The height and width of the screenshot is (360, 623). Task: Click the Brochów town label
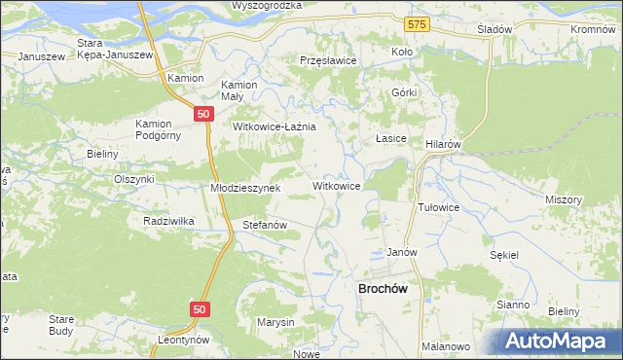coord(388,288)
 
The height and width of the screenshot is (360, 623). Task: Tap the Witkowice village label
coord(337,185)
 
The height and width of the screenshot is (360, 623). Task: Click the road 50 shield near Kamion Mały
coord(202,114)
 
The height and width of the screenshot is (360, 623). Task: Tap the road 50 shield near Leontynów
coord(200,308)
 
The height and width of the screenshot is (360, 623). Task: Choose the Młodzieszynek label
coord(245,188)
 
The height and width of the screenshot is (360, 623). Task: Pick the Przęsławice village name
coord(329,60)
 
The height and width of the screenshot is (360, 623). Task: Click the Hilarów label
coord(443,143)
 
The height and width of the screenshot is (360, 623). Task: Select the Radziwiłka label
coord(168,221)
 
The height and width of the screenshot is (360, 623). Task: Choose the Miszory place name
coord(564,198)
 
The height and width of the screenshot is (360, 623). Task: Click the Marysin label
coord(275,322)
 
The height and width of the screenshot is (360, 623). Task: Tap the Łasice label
coord(391,139)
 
